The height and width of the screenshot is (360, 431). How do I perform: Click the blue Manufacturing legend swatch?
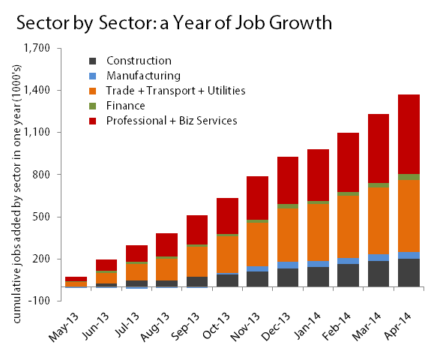[92, 76]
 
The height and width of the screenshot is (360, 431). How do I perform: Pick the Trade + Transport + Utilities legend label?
[175, 91]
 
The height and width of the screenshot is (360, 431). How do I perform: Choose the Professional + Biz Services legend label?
[172, 121]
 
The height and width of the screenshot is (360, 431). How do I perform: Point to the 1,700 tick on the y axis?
[36, 49]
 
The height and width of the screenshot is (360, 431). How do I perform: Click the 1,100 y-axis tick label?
[36, 133]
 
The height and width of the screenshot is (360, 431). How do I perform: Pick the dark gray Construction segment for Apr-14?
[409, 272]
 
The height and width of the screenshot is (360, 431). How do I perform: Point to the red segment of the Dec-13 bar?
[267, 180]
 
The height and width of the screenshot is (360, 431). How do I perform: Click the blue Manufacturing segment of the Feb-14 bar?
[347, 261]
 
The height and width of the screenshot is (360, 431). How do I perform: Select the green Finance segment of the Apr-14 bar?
[409, 177]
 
